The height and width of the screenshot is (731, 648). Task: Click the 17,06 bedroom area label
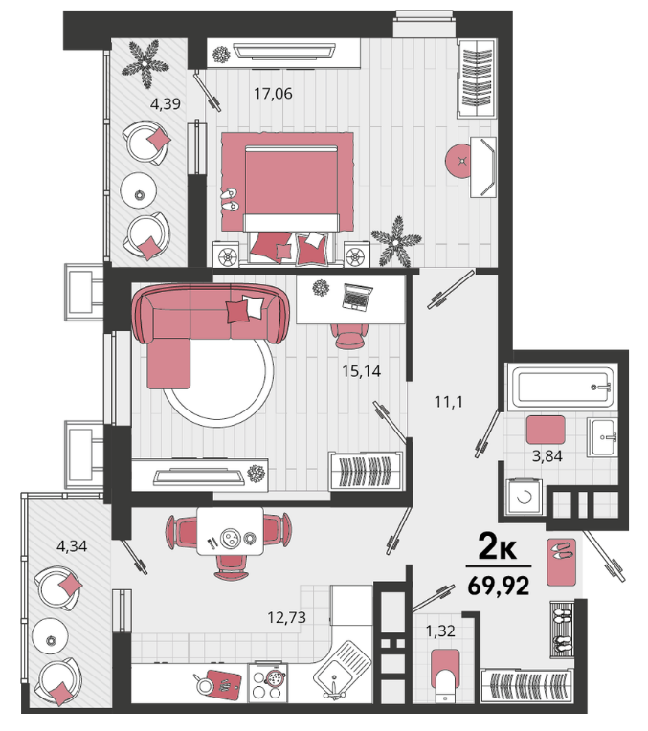point(273,94)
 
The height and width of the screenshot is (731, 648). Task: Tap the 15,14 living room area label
point(361,371)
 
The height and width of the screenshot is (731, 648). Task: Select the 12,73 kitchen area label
point(286,618)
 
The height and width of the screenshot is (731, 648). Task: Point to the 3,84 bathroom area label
point(547,456)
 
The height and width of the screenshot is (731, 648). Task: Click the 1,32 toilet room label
point(440,631)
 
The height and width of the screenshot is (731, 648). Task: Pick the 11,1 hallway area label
point(449,402)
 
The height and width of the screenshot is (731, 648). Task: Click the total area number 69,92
point(499,586)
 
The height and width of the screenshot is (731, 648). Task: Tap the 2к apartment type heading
point(498,547)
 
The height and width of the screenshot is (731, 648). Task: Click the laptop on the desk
point(357,297)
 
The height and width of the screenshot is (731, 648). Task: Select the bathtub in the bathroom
point(563,387)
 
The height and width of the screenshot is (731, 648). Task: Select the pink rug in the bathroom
point(546,430)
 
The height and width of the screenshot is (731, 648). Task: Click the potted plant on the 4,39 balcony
point(145,64)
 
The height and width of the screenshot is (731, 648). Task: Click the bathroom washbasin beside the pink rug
point(602,437)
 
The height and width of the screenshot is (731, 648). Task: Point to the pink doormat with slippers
point(561,562)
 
